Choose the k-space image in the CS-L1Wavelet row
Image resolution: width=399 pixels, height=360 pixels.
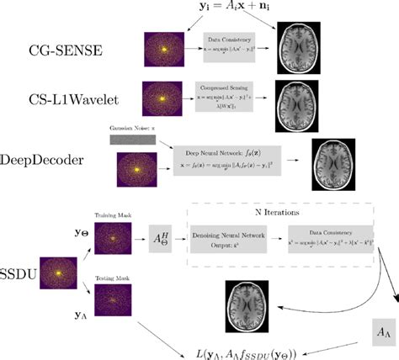tap(164, 96)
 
